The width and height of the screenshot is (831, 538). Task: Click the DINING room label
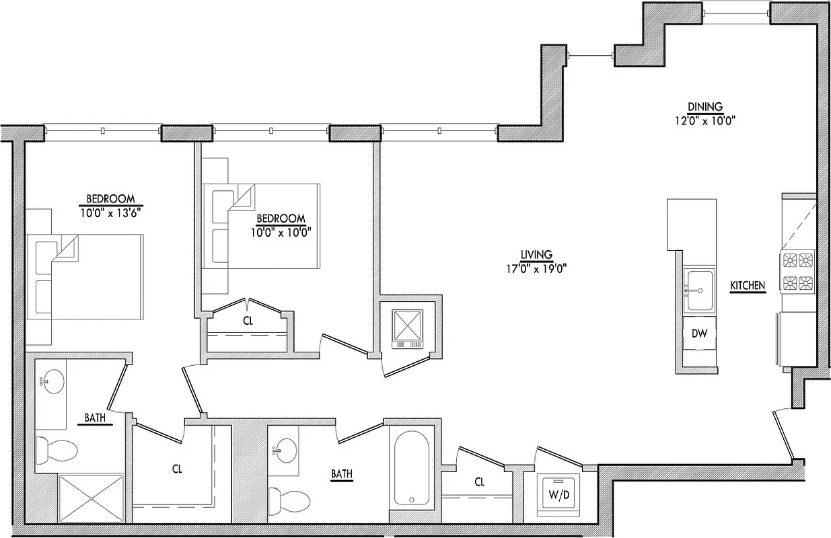[704, 106]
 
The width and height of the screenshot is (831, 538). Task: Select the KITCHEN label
[748, 286]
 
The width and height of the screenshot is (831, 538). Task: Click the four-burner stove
[797, 270]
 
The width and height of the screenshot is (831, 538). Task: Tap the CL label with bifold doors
[248, 321]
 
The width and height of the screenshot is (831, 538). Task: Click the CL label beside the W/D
[479, 482]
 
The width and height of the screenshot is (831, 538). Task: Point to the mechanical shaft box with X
[408, 327]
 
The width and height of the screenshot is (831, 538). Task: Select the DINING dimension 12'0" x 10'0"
[704, 121]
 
